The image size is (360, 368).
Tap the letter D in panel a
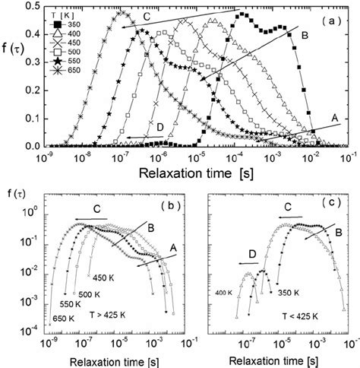(160, 130)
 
